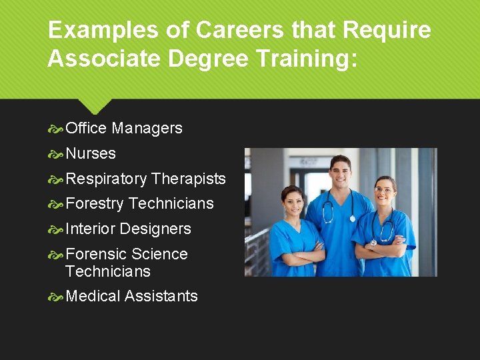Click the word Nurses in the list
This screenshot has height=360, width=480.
(x=91, y=153)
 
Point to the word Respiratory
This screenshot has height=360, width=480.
(x=107, y=179)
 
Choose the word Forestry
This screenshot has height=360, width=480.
(x=95, y=203)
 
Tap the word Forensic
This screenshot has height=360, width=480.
(x=96, y=254)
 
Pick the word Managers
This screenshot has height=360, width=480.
(x=147, y=128)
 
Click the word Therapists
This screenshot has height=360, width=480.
(x=189, y=179)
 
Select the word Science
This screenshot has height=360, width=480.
(x=159, y=254)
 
